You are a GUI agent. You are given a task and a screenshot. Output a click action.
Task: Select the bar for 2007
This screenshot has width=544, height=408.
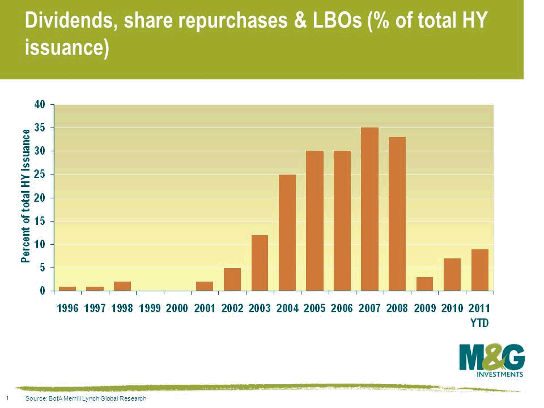pyautogui.click(x=369, y=209)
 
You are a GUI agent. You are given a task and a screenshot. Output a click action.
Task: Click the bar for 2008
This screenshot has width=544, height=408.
pyautogui.click(x=397, y=214)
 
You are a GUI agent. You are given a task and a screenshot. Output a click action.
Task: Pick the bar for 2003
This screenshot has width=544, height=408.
pyautogui.click(x=260, y=262)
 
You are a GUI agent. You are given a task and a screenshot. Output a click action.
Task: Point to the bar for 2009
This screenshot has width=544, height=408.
pyautogui.click(x=424, y=283)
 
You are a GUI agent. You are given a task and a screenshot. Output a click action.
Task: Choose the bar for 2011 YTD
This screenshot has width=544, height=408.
pyautogui.click(x=479, y=270)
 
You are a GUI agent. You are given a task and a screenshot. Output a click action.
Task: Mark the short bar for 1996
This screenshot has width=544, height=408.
pyautogui.click(x=67, y=288)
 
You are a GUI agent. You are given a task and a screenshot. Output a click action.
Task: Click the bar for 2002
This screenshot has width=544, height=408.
pyautogui.click(x=232, y=279)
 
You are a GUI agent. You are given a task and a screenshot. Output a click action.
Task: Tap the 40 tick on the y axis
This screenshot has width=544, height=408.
pyautogui.click(x=39, y=105)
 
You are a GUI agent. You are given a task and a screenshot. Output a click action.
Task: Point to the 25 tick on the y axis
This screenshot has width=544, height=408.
pyautogui.click(x=39, y=175)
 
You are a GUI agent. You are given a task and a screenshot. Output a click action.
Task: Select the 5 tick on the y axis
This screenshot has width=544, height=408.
pyautogui.click(x=41, y=267)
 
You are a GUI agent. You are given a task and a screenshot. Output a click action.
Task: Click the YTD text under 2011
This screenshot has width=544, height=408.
pyautogui.click(x=479, y=322)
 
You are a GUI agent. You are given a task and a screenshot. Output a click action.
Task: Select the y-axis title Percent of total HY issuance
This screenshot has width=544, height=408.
pyautogui.click(x=25, y=196)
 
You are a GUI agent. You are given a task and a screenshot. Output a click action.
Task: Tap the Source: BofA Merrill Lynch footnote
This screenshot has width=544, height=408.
pyautogui.click(x=86, y=399)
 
